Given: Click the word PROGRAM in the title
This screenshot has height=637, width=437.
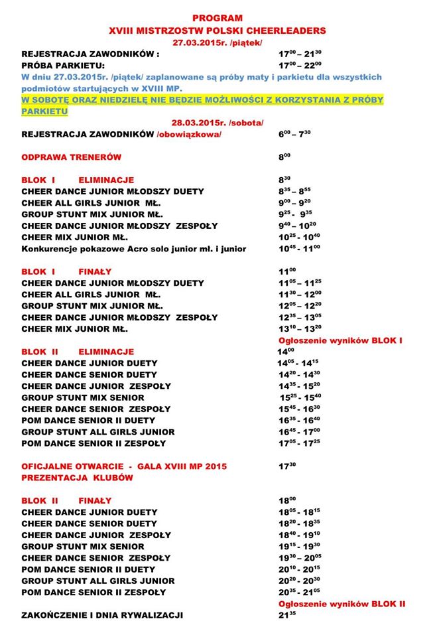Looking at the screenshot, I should pos(218,19).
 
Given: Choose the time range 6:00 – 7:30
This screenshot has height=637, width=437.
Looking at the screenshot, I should pos(296,134).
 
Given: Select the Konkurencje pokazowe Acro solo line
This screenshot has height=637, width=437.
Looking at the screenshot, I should pos(134,249).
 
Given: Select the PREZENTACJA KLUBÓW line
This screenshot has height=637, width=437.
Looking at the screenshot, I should pos(78,478).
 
